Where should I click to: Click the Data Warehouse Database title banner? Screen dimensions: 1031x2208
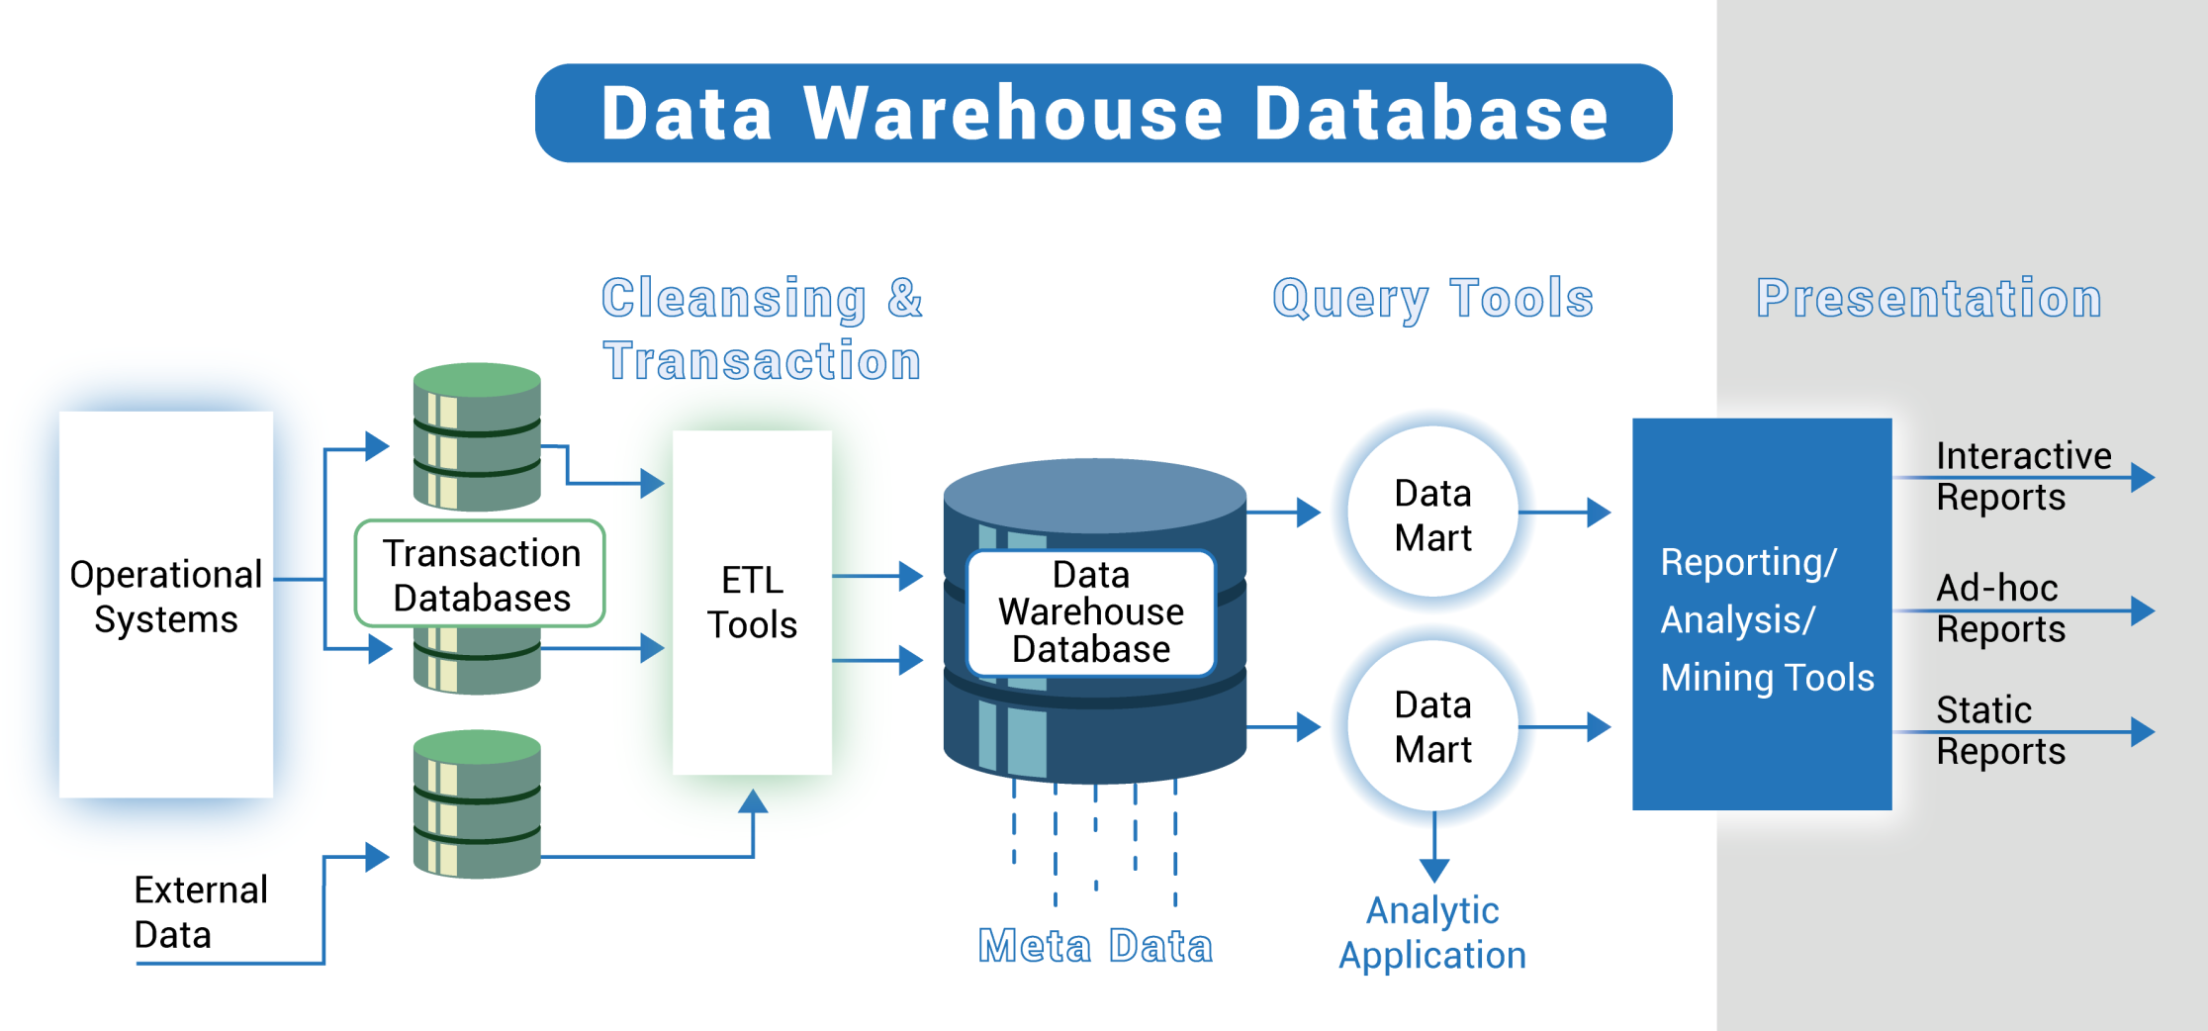pyautogui.click(x=1103, y=113)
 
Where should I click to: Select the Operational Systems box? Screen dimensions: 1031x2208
pyautogui.click(x=166, y=604)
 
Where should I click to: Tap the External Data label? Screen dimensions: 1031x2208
pyautogui.click(x=200, y=912)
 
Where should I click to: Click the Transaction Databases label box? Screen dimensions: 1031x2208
pyautogui.click(x=480, y=574)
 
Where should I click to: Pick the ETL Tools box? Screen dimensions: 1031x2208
pyautogui.click(x=752, y=602)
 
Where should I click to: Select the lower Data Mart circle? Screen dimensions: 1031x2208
pyautogui.click(x=1432, y=726)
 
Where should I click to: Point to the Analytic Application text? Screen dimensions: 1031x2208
pyautogui.click(x=1432, y=933)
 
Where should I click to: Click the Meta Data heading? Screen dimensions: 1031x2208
pyautogui.click(x=1095, y=946)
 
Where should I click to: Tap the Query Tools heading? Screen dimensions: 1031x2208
pyautogui.click(x=1432, y=298)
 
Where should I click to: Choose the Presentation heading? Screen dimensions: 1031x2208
pyautogui.click(x=1928, y=298)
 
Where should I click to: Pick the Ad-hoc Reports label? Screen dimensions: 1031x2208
pyautogui.click(x=1998, y=608)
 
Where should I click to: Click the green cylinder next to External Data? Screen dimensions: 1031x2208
pyautogui.click(x=477, y=804)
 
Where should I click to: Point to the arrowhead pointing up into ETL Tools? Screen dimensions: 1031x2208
pyautogui.click(x=753, y=802)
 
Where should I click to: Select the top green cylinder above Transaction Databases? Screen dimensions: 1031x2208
pyautogui.click(x=477, y=435)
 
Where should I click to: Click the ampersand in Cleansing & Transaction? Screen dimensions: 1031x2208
pyautogui.click(x=904, y=298)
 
